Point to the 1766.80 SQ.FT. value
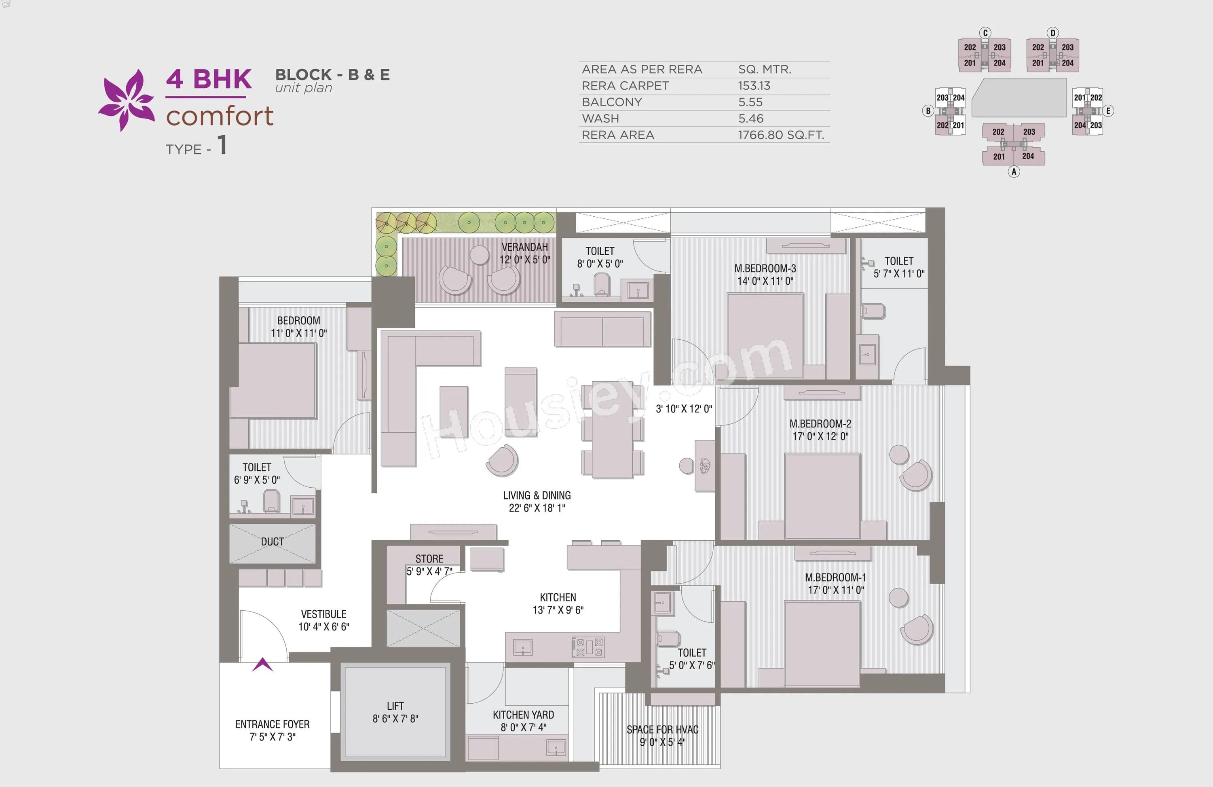pos(781,135)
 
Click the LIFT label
pos(395,706)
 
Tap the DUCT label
pos(272,542)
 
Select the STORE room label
pos(429,559)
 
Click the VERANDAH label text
pos(524,247)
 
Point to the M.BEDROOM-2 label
pos(820,423)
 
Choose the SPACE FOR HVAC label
pos(662,730)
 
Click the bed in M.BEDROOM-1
pos(822,644)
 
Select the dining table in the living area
pos(612,429)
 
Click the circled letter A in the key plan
pos(1014,172)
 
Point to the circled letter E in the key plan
pos(1107,110)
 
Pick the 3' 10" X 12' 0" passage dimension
pos(683,409)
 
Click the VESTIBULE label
pos(323,614)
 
